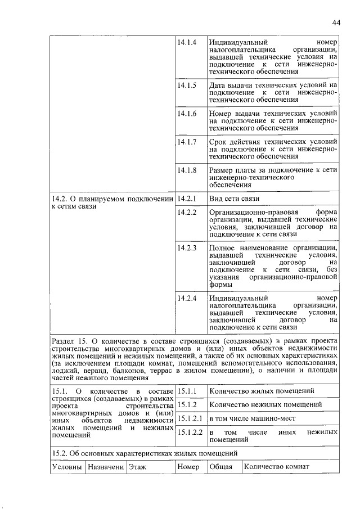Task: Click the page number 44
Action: [336, 22]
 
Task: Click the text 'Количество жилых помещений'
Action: [261, 391]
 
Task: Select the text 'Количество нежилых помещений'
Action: [264, 404]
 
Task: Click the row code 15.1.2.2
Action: [189, 432]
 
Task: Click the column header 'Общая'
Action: [220, 466]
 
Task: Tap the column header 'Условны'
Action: [67, 466]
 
